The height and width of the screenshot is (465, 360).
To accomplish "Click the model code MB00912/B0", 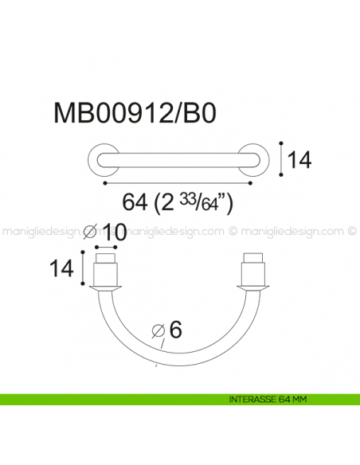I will coord(134,114).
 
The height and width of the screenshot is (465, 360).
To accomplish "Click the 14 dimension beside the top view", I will coord(299,160).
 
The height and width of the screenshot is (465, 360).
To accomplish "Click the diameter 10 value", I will coord(115,233).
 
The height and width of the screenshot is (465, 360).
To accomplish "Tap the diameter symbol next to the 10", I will coord(91,233).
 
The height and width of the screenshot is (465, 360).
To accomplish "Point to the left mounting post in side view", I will coord(106,271).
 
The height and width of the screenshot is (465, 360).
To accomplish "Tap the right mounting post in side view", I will coord(254,271).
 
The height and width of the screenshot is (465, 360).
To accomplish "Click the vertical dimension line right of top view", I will coord(281,158).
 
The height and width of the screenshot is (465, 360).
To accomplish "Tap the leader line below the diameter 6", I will coord(162,345).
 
